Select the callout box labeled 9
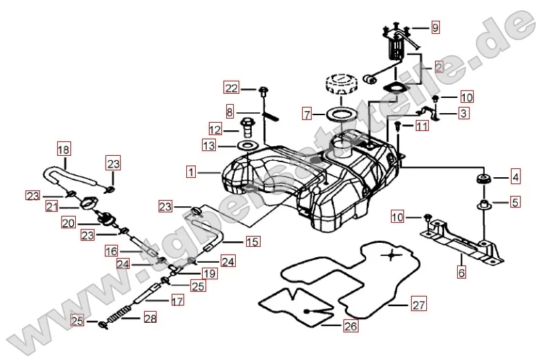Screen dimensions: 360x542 435,28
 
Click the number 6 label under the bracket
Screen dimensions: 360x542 461,272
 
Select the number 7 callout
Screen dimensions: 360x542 308,112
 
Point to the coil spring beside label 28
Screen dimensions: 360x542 121,314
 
